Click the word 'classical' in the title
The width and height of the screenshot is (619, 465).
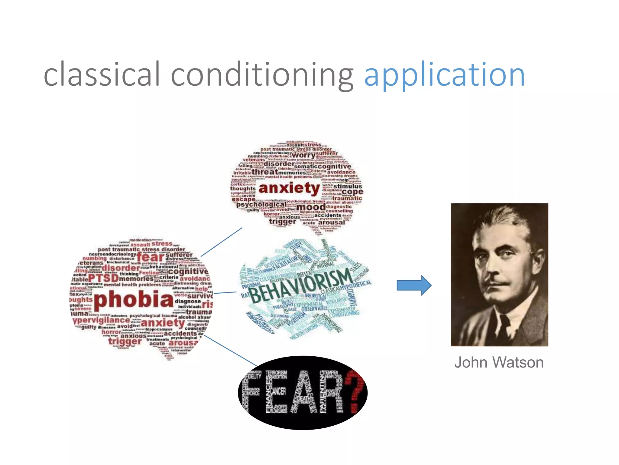102,74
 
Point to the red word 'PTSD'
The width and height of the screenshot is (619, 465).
103,278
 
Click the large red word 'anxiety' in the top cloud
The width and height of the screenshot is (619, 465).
289,188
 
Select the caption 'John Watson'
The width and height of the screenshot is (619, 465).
499,362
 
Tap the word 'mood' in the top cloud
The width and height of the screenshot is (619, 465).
311,207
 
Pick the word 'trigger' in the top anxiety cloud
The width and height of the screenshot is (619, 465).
283,221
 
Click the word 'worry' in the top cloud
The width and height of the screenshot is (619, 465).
303,155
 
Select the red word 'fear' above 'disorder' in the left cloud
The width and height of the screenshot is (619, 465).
150,257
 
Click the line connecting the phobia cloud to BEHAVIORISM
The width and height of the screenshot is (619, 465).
225,292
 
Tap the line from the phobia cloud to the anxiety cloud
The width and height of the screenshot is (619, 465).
222,242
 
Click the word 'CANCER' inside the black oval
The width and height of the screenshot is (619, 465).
278,391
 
